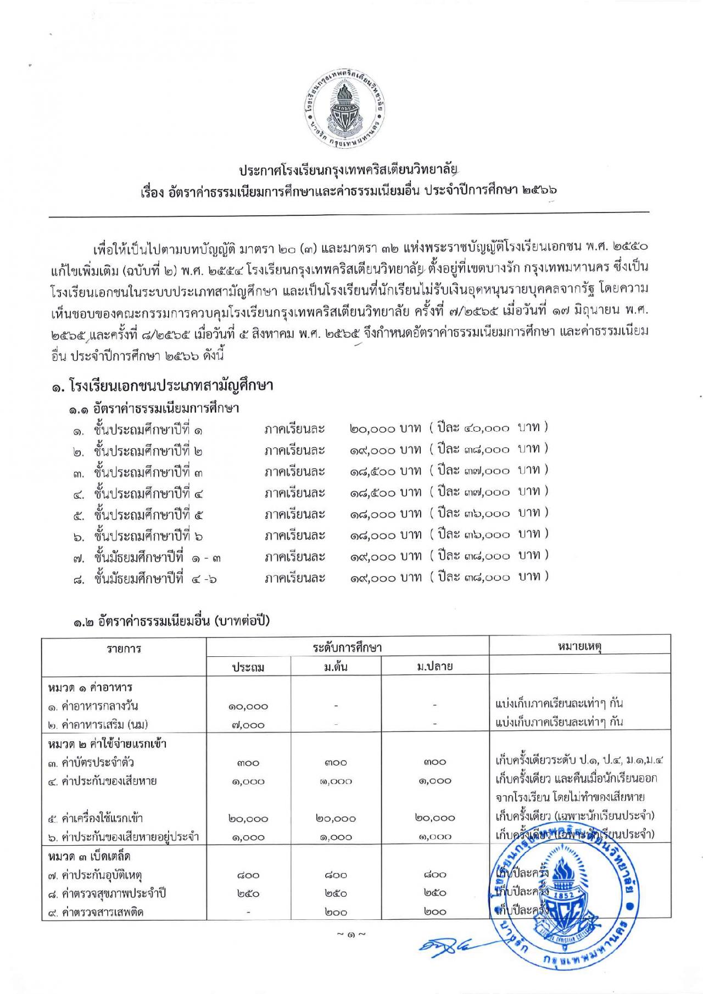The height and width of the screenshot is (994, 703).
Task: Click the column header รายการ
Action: [x=124, y=649]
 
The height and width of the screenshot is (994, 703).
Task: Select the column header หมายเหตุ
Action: [x=579, y=646]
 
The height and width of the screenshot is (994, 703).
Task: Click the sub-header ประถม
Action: [x=248, y=667]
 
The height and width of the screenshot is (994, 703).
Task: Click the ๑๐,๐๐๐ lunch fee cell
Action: [x=248, y=707]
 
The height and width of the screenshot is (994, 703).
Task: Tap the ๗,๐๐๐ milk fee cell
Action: [x=248, y=725]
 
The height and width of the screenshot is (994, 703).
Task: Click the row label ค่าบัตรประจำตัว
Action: [x=91, y=762]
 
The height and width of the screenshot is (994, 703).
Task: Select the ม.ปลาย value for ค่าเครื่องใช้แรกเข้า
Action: [x=435, y=818]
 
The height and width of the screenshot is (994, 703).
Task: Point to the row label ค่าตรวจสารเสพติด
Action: [x=96, y=912]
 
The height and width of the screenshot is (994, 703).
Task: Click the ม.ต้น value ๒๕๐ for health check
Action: [x=336, y=894]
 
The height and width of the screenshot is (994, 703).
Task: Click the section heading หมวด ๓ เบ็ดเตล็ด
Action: [x=89, y=856]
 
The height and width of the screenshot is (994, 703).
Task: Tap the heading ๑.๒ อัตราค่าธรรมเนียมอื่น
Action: [x=170, y=622]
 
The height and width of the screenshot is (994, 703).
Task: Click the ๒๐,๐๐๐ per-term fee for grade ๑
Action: [x=372, y=428]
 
